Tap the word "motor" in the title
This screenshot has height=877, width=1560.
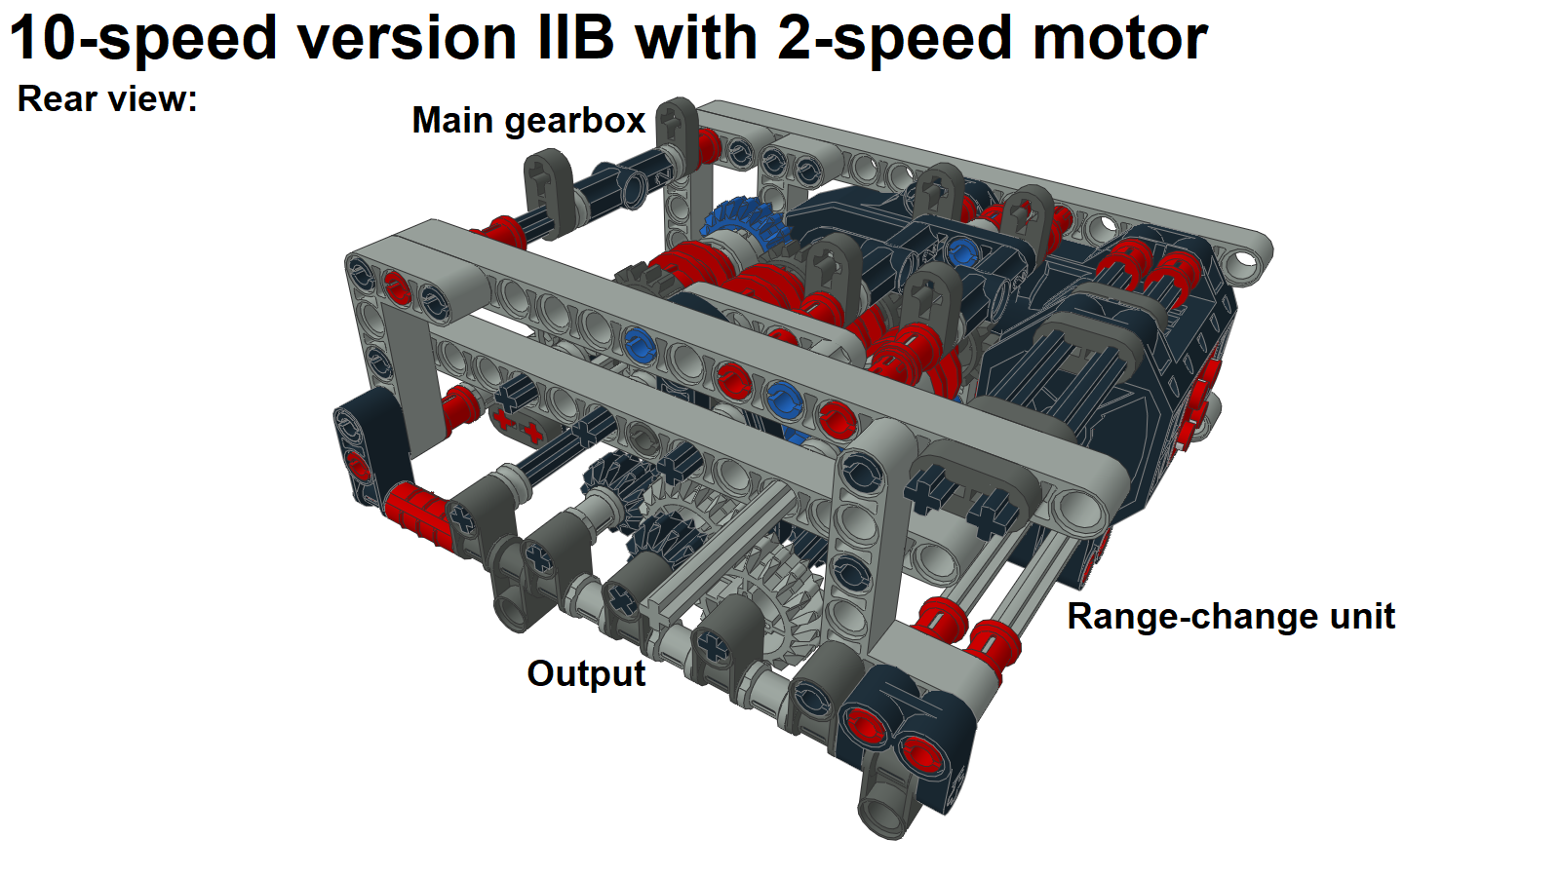1119,39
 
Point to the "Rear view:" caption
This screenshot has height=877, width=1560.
107,99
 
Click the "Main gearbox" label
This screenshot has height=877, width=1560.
528,121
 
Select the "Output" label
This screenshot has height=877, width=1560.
586,673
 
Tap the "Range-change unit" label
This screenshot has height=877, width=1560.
1230,617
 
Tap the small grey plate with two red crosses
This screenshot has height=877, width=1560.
518,425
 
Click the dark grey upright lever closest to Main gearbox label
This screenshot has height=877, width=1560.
550,189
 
